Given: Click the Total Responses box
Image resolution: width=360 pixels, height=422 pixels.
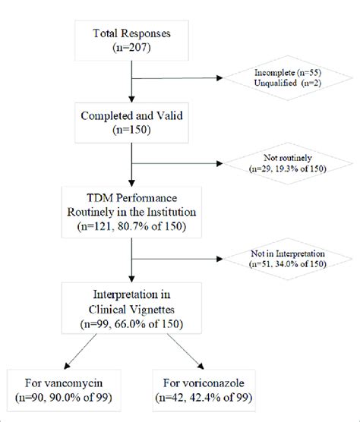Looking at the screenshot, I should click(133, 39).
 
